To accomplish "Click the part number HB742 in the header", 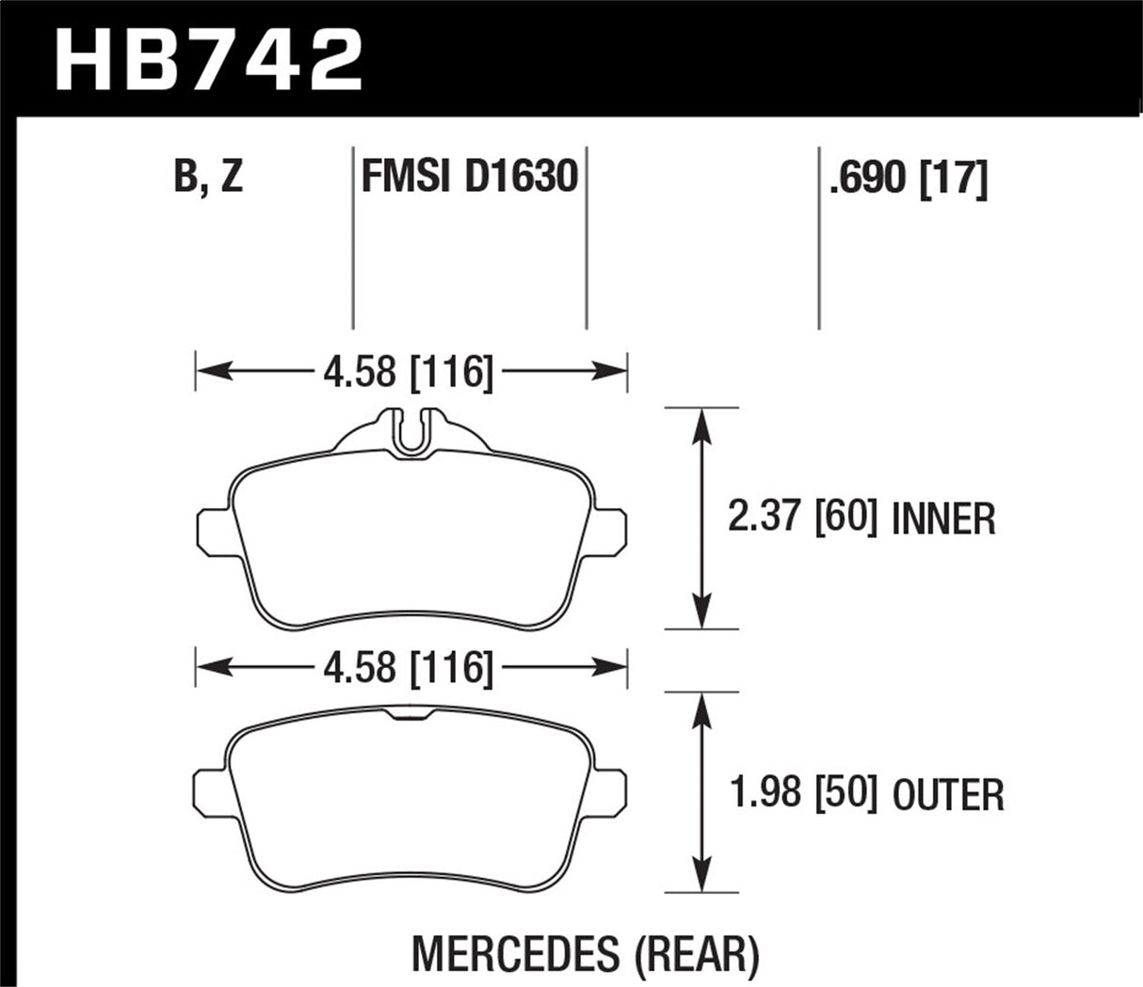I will [x=209, y=58].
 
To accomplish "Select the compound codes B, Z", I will [x=208, y=177].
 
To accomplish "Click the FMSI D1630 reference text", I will [x=469, y=177].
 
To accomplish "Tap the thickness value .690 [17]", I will [x=908, y=177].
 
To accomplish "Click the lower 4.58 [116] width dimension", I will [x=408, y=667].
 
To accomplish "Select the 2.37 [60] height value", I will [x=802, y=517].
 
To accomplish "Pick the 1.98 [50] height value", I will [x=804, y=793].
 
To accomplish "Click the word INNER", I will [x=943, y=518].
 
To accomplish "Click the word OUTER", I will [x=947, y=795].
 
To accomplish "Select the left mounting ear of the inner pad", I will [x=213, y=528].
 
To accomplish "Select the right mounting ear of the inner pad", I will [x=609, y=528].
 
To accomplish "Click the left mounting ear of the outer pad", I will [x=209, y=790].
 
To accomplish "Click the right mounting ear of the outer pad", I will [x=611, y=790].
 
